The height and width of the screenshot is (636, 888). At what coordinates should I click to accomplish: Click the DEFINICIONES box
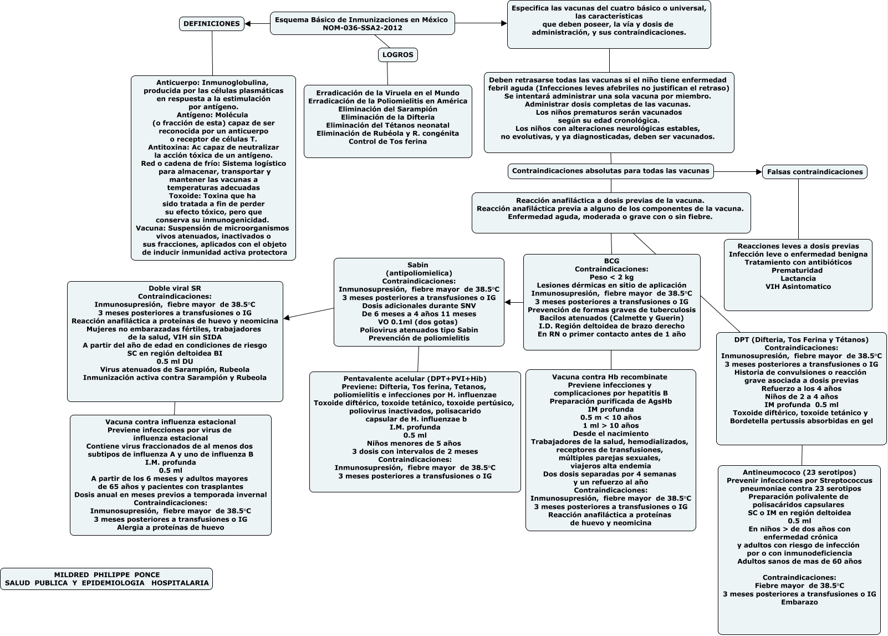(x=211, y=24)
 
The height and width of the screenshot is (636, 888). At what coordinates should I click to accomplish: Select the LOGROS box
(x=397, y=55)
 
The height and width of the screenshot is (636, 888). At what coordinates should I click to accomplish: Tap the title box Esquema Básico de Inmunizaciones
(x=362, y=23)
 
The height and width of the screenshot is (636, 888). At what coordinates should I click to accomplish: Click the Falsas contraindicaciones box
(x=814, y=172)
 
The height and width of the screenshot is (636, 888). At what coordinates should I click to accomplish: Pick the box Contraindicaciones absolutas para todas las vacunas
(x=610, y=171)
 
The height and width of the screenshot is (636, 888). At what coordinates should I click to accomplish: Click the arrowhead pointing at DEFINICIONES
(x=248, y=24)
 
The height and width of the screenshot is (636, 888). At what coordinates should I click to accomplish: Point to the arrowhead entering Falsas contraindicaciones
(x=759, y=172)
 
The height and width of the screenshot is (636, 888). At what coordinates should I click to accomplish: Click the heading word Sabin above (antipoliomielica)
(x=418, y=264)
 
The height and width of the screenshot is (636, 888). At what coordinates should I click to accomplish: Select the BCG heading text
(x=611, y=261)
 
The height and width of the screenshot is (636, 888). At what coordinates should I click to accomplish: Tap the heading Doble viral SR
(x=175, y=288)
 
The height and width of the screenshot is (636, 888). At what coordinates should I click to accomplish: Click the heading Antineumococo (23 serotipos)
(x=799, y=472)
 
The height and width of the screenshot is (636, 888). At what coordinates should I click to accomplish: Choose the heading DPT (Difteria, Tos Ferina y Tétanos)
(x=801, y=339)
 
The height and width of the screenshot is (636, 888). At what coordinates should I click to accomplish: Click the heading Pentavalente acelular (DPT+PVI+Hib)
(x=415, y=378)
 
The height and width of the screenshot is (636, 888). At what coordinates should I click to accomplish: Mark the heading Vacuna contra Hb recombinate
(x=610, y=377)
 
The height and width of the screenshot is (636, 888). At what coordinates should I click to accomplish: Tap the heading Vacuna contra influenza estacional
(x=170, y=422)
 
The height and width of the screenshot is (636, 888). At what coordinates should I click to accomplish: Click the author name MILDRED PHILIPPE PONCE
(x=106, y=574)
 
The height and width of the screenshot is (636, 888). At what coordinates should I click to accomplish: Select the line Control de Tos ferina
(x=387, y=141)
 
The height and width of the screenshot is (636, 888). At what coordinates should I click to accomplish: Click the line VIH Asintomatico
(x=798, y=287)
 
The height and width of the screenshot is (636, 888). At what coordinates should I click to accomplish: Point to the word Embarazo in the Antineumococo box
(x=799, y=602)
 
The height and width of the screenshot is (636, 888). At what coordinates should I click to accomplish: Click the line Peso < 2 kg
(x=611, y=277)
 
